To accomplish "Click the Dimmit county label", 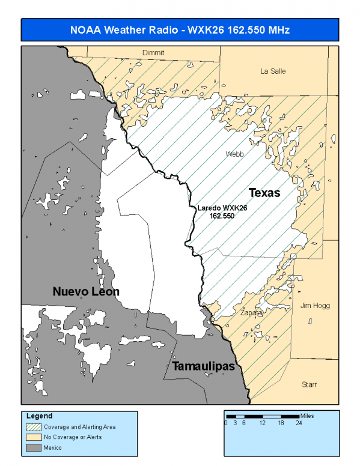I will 153,53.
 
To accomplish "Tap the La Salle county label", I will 273,71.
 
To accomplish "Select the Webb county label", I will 234,154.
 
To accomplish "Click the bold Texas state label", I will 264,193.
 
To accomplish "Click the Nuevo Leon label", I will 86,292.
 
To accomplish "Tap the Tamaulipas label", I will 203,366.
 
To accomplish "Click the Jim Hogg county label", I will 311,306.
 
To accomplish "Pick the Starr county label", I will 310,384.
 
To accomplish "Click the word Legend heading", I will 39,416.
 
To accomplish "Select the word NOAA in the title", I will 85,29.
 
